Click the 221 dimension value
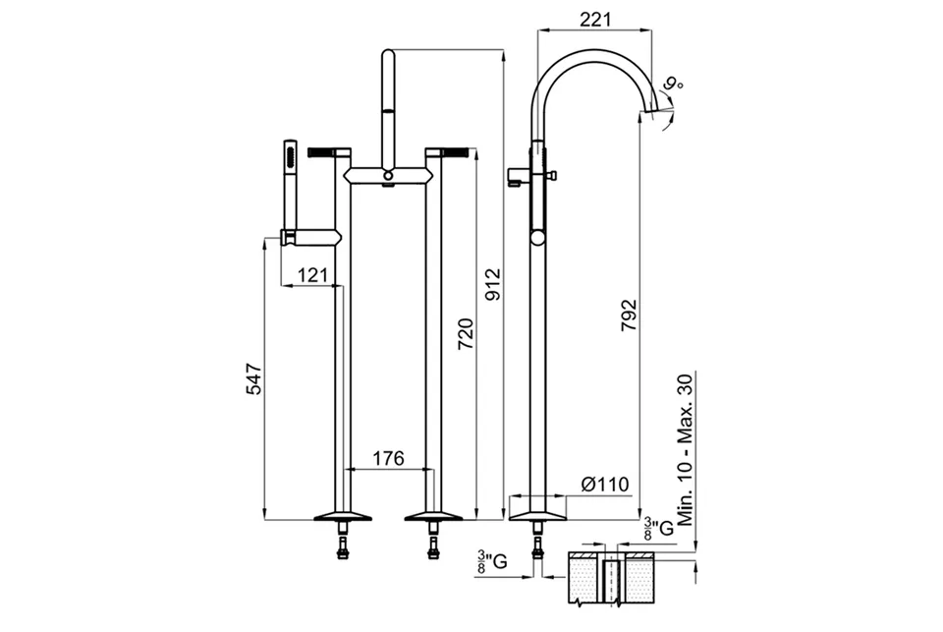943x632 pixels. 595,20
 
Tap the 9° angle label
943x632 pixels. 674,84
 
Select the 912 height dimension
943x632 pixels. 492,285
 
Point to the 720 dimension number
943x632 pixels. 466,334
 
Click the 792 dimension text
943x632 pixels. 629,315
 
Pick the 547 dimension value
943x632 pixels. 254,378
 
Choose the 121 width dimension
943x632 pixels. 313,275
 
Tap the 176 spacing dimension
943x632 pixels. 389,458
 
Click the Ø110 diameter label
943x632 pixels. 605,484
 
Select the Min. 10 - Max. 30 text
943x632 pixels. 685,449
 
